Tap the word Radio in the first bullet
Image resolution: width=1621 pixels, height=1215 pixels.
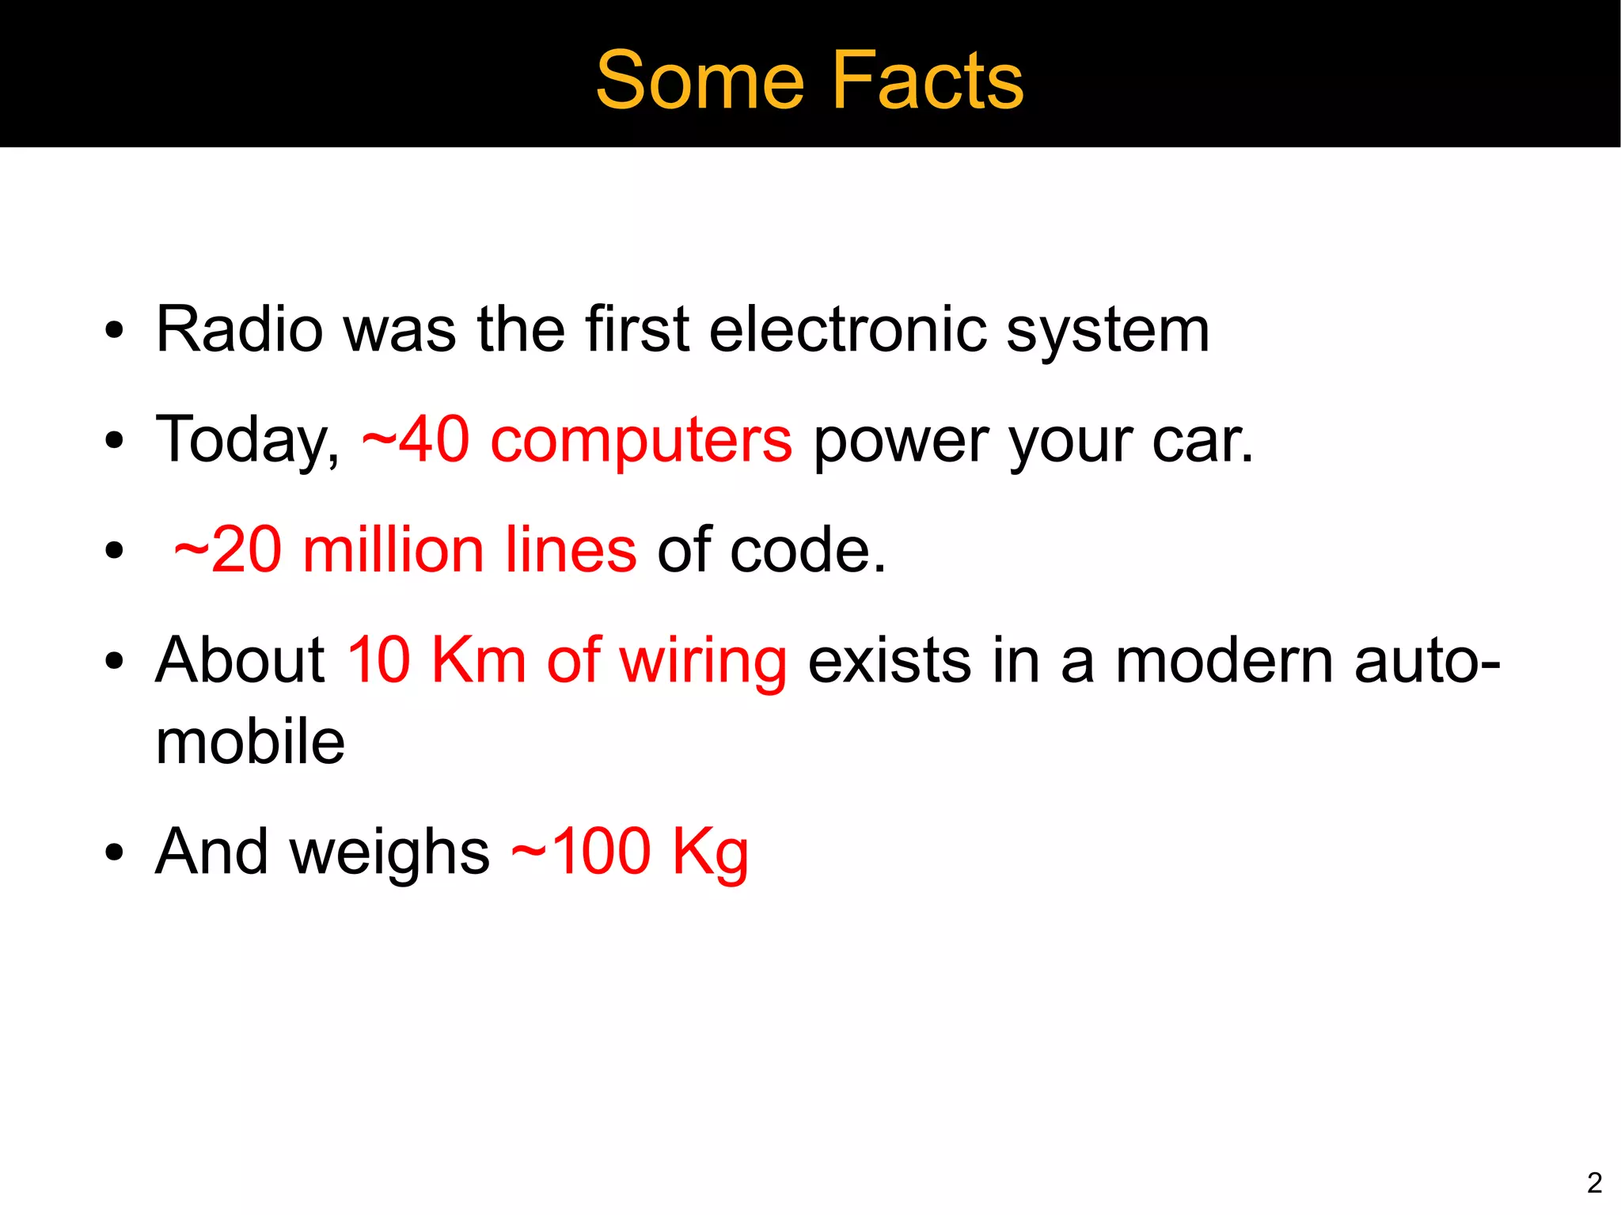(239, 329)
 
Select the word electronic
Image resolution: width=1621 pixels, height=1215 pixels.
(848, 329)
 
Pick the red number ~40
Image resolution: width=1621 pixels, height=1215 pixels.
(415, 440)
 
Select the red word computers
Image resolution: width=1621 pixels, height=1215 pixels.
(641, 442)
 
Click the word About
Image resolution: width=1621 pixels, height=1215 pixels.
(240, 660)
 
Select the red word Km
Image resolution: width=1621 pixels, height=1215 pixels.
(479, 660)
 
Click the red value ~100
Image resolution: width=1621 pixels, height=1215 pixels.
(581, 852)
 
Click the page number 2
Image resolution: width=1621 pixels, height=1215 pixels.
(1594, 1183)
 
